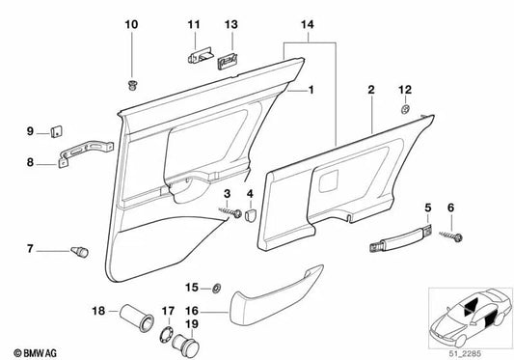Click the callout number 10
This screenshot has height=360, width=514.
click(131, 22)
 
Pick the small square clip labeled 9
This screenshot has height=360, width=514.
click(56, 132)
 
